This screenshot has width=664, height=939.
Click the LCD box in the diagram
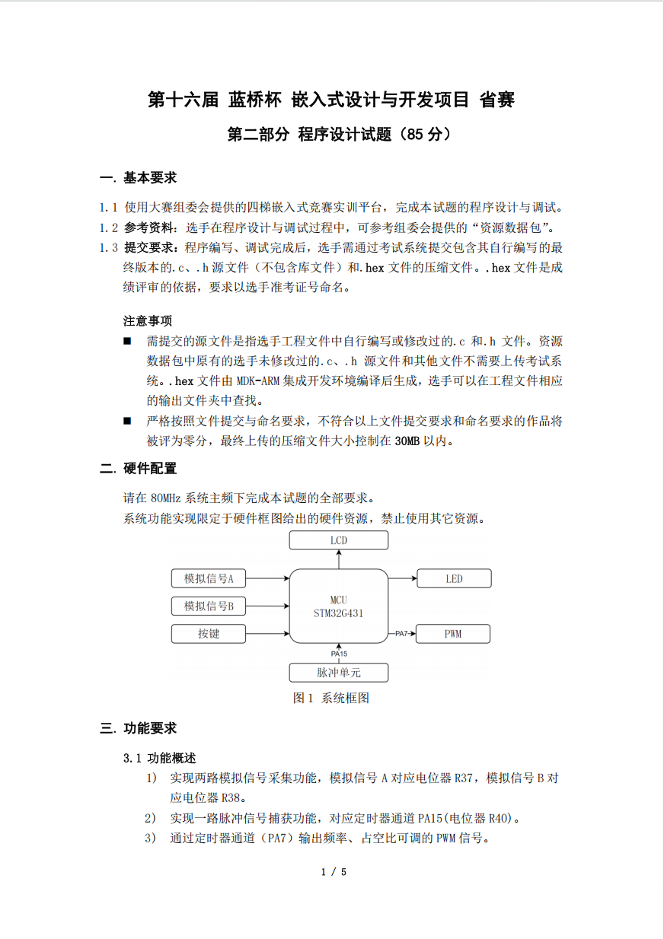point(339,540)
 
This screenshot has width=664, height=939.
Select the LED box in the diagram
point(454,579)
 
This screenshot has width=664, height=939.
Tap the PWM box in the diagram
point(454,634)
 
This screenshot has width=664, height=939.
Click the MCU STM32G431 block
point(339,606)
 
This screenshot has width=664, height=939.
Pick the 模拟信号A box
point(208,579)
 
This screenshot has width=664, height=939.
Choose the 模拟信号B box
point(208,606)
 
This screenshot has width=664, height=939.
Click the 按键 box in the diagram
point(208,634)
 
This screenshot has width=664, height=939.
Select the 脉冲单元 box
point(339,673)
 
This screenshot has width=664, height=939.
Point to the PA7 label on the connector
point(402,634)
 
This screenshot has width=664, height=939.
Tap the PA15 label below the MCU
point(339,654)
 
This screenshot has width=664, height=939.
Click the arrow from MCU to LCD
point(339,559)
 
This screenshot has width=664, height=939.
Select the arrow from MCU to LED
point(403,579)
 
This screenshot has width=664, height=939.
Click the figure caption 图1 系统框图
point(331,698)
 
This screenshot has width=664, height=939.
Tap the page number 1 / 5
point(334,872)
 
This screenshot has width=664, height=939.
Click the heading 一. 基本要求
point(139,178)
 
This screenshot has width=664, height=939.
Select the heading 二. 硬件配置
point(139,469)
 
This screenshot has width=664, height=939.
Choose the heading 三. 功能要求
point(139,729)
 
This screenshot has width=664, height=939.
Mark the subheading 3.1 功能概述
point(160,758)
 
